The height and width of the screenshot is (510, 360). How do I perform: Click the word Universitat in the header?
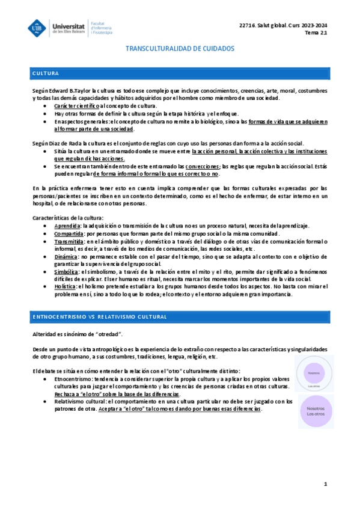(69, 23)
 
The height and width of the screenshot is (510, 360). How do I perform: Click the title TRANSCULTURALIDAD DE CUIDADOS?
(180, 49)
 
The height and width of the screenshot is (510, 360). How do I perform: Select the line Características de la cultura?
(68, 217)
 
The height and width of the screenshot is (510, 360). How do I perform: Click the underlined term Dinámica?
(66, 256)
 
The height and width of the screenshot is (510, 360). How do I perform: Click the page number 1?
(325, 484)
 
